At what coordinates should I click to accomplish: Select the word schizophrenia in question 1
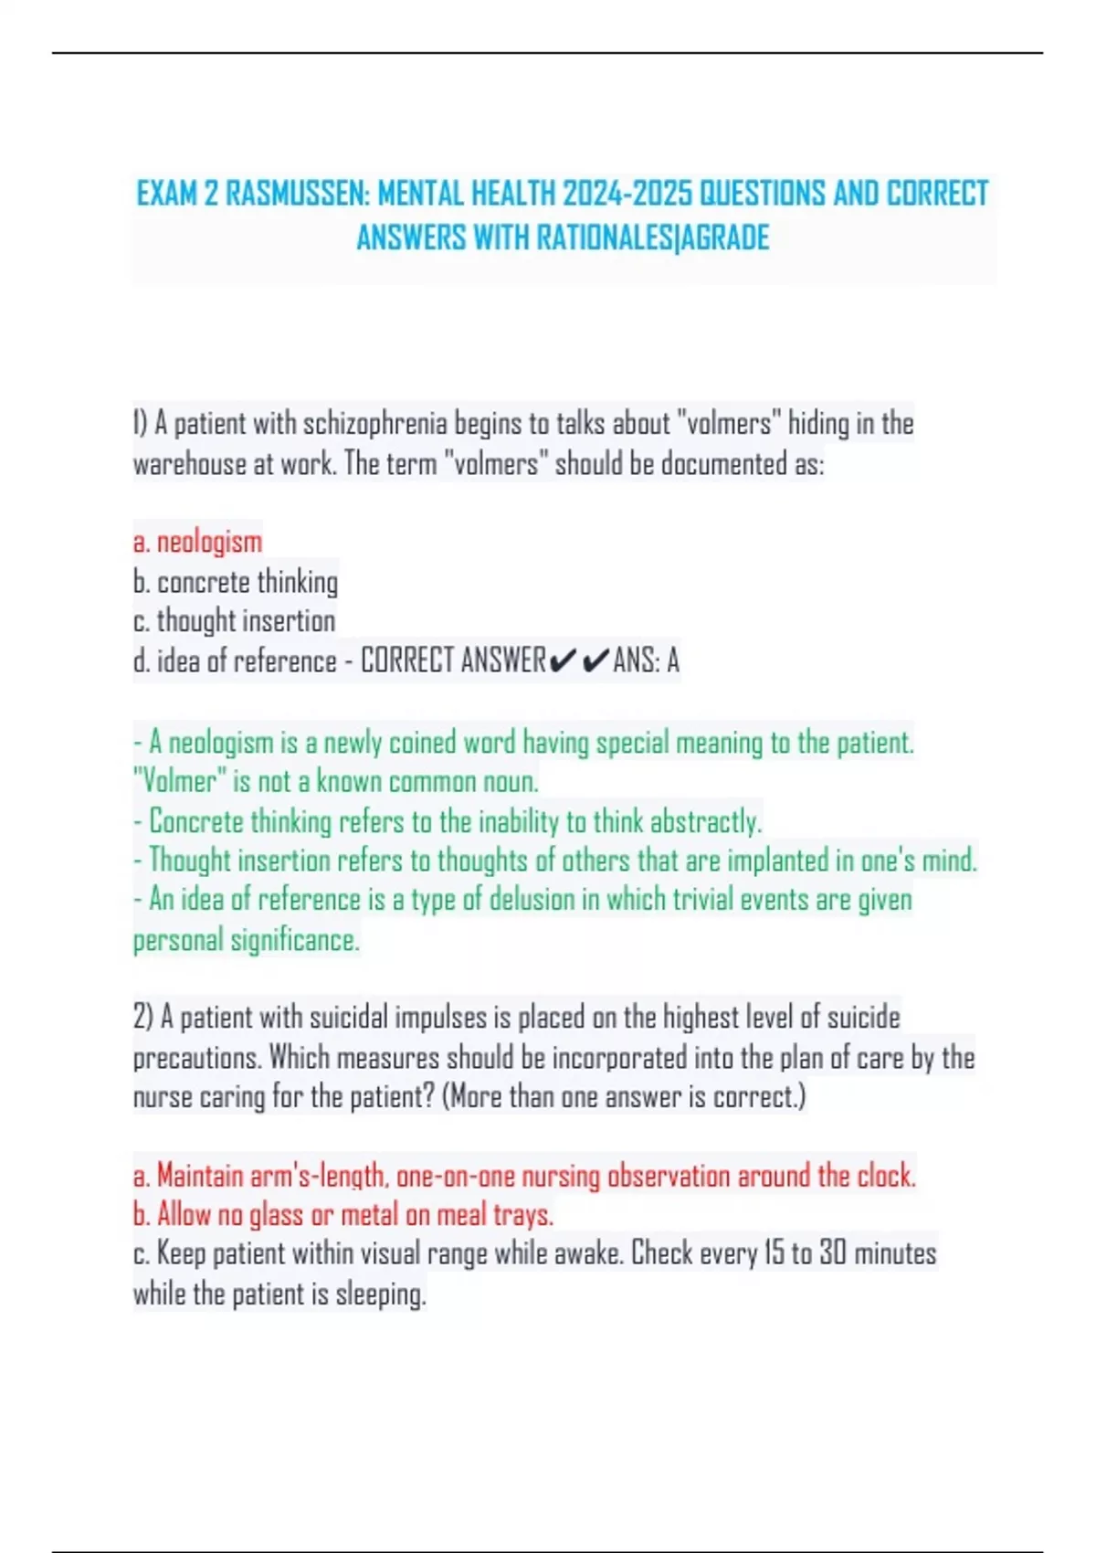click(x=374, y=424)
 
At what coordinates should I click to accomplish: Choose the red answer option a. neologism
click(x=198, y=542)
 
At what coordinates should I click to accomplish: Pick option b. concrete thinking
click(x=236, y=582)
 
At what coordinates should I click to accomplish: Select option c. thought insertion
click(x=235, y=621)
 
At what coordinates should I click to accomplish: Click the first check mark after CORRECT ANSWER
click(x=564, y=660)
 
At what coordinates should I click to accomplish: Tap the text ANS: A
click(x=646, y=660)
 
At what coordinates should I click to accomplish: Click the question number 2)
click(x=143, y=1018)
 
